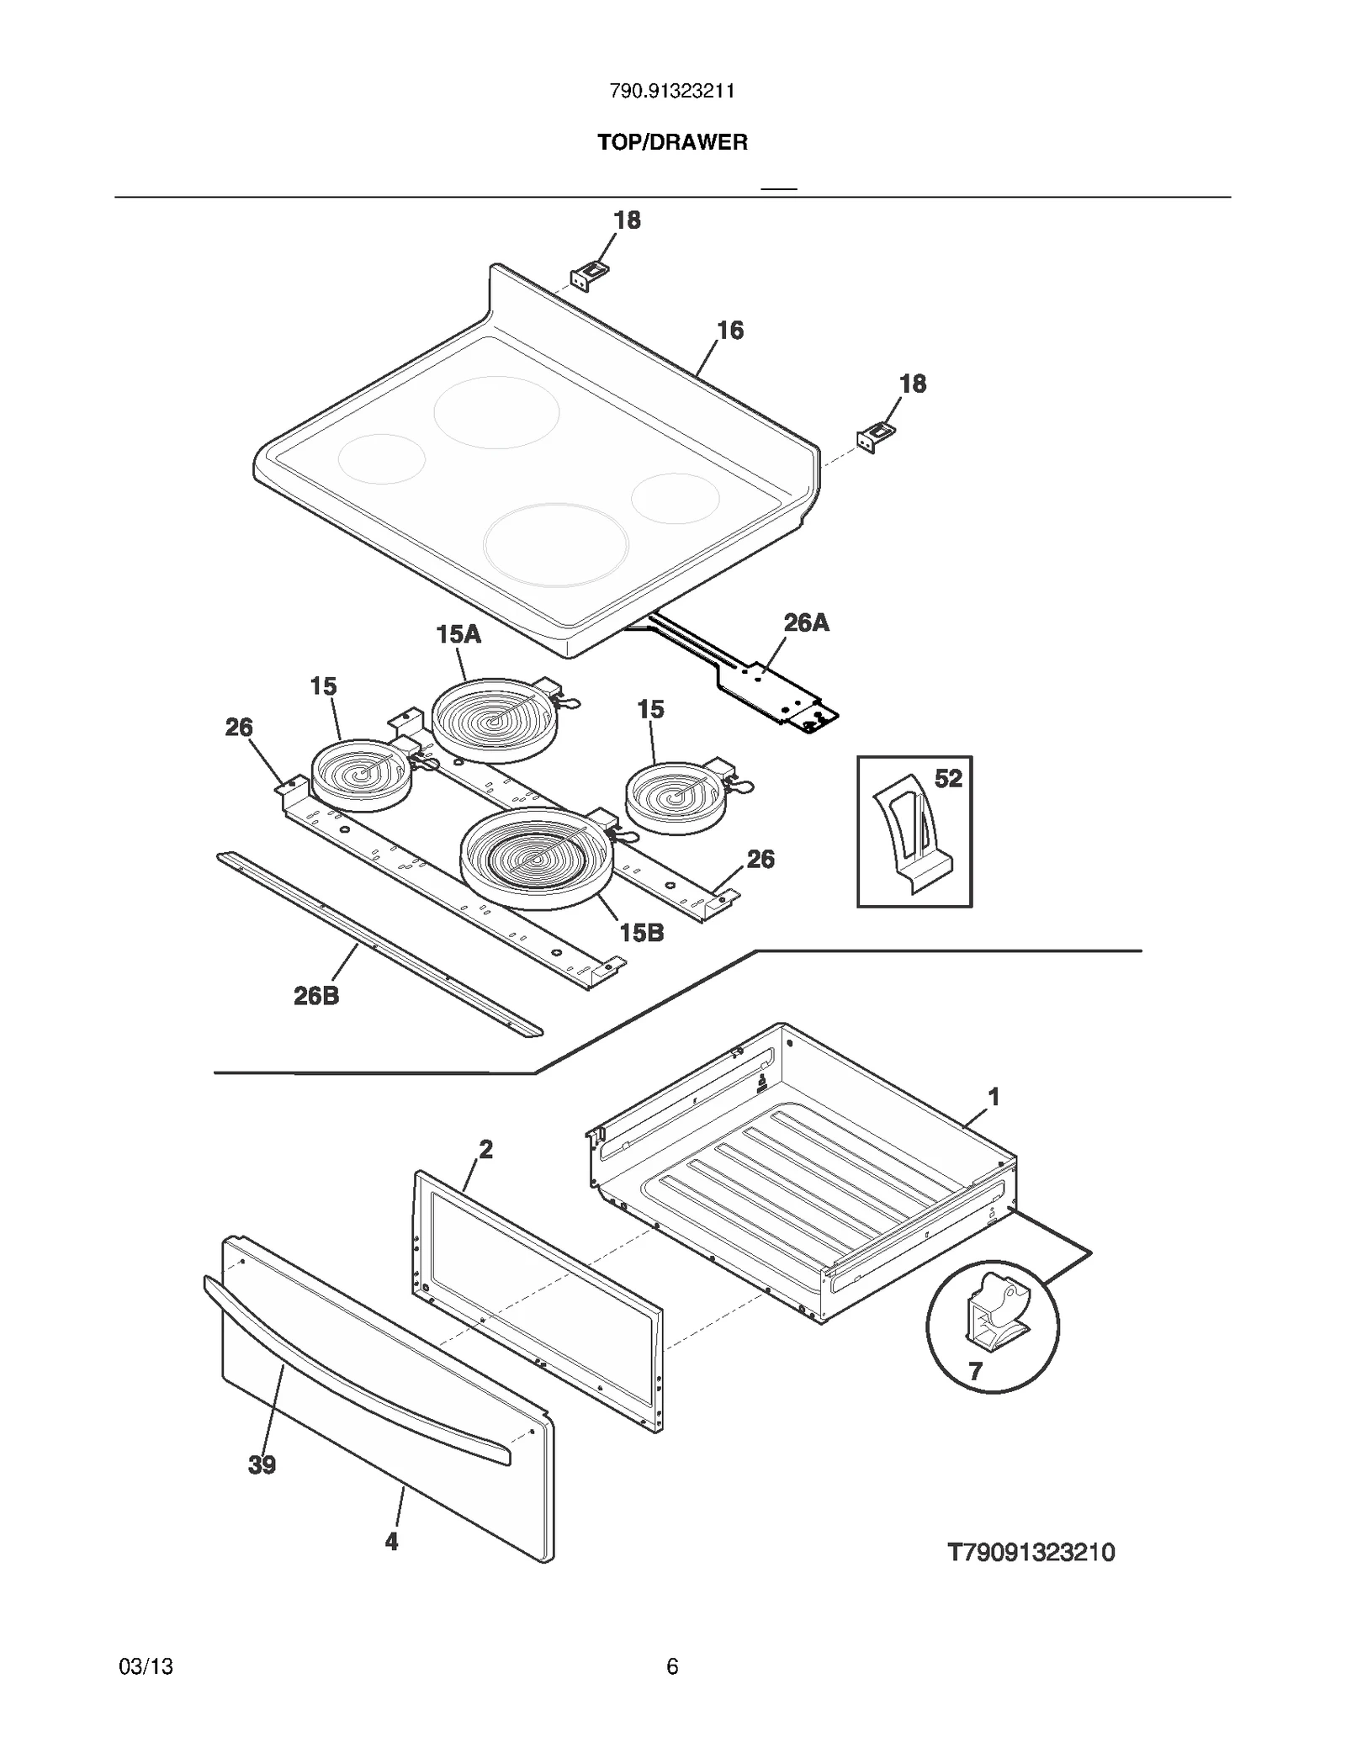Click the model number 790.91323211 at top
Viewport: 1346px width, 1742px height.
(x=672, y=92)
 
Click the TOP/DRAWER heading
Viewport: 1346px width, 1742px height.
(x=672, y=142)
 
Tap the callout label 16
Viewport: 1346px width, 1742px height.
(x=730, y=331)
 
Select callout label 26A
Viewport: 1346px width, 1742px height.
(x=806, y=622)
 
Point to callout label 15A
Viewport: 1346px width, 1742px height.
(x=458, y=634)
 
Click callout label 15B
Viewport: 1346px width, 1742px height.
(x=642, y=932)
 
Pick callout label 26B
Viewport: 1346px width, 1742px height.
(x=316, y=996)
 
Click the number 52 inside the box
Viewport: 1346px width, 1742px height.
(x=948, y=779)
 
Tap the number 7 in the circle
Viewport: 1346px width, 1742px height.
(x=975, y=1372)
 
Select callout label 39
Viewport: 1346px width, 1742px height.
(x=262, y=1465)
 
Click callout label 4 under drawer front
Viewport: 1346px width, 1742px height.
(x=391, y=1542)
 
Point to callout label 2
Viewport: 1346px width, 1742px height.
(x=485, y=1149)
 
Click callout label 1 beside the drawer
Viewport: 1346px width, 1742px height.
(x=994, y=1097)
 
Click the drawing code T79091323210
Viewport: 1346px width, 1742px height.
(x=1031, y=1552)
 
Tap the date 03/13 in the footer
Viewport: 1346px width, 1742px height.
(x=146, y=1666)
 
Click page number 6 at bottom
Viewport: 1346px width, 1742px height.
(x=672, y=1666)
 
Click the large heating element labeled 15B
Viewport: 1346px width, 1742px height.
(x=535, y=859)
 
